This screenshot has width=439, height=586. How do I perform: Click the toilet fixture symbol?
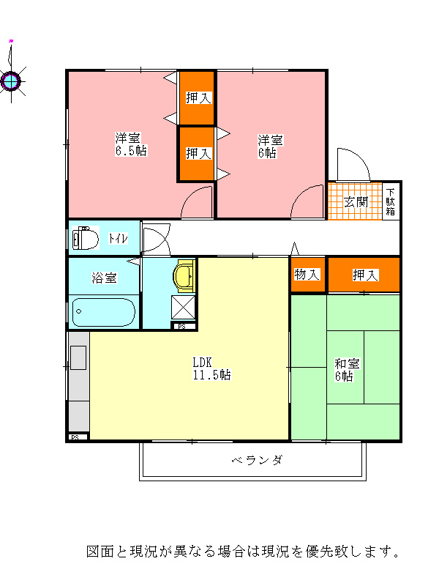[85, 237]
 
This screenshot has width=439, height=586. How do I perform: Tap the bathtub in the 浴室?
[104, 312]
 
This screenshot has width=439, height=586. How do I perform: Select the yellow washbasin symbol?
[184, 276]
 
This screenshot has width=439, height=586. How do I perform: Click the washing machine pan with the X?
[184, 307]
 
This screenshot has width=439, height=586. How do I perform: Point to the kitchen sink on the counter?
[78, 358]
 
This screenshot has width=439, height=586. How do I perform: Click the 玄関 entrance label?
[356, 202]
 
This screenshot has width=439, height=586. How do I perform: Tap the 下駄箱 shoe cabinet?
[391, 201]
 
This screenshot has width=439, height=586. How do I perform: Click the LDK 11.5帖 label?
[211, 368]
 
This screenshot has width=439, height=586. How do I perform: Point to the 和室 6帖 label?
[347, 370]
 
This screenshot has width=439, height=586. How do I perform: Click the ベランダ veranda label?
[258, 460]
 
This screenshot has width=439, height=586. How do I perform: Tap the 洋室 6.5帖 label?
[131, 144]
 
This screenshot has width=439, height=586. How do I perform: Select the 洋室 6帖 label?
[270, 146]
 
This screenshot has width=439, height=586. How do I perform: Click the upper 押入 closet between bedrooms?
[197, 98]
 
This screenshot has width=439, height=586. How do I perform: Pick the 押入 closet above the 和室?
[364, 275]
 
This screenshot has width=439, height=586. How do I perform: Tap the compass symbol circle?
[10, 81]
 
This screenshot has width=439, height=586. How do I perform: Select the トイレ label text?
[118, 238]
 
